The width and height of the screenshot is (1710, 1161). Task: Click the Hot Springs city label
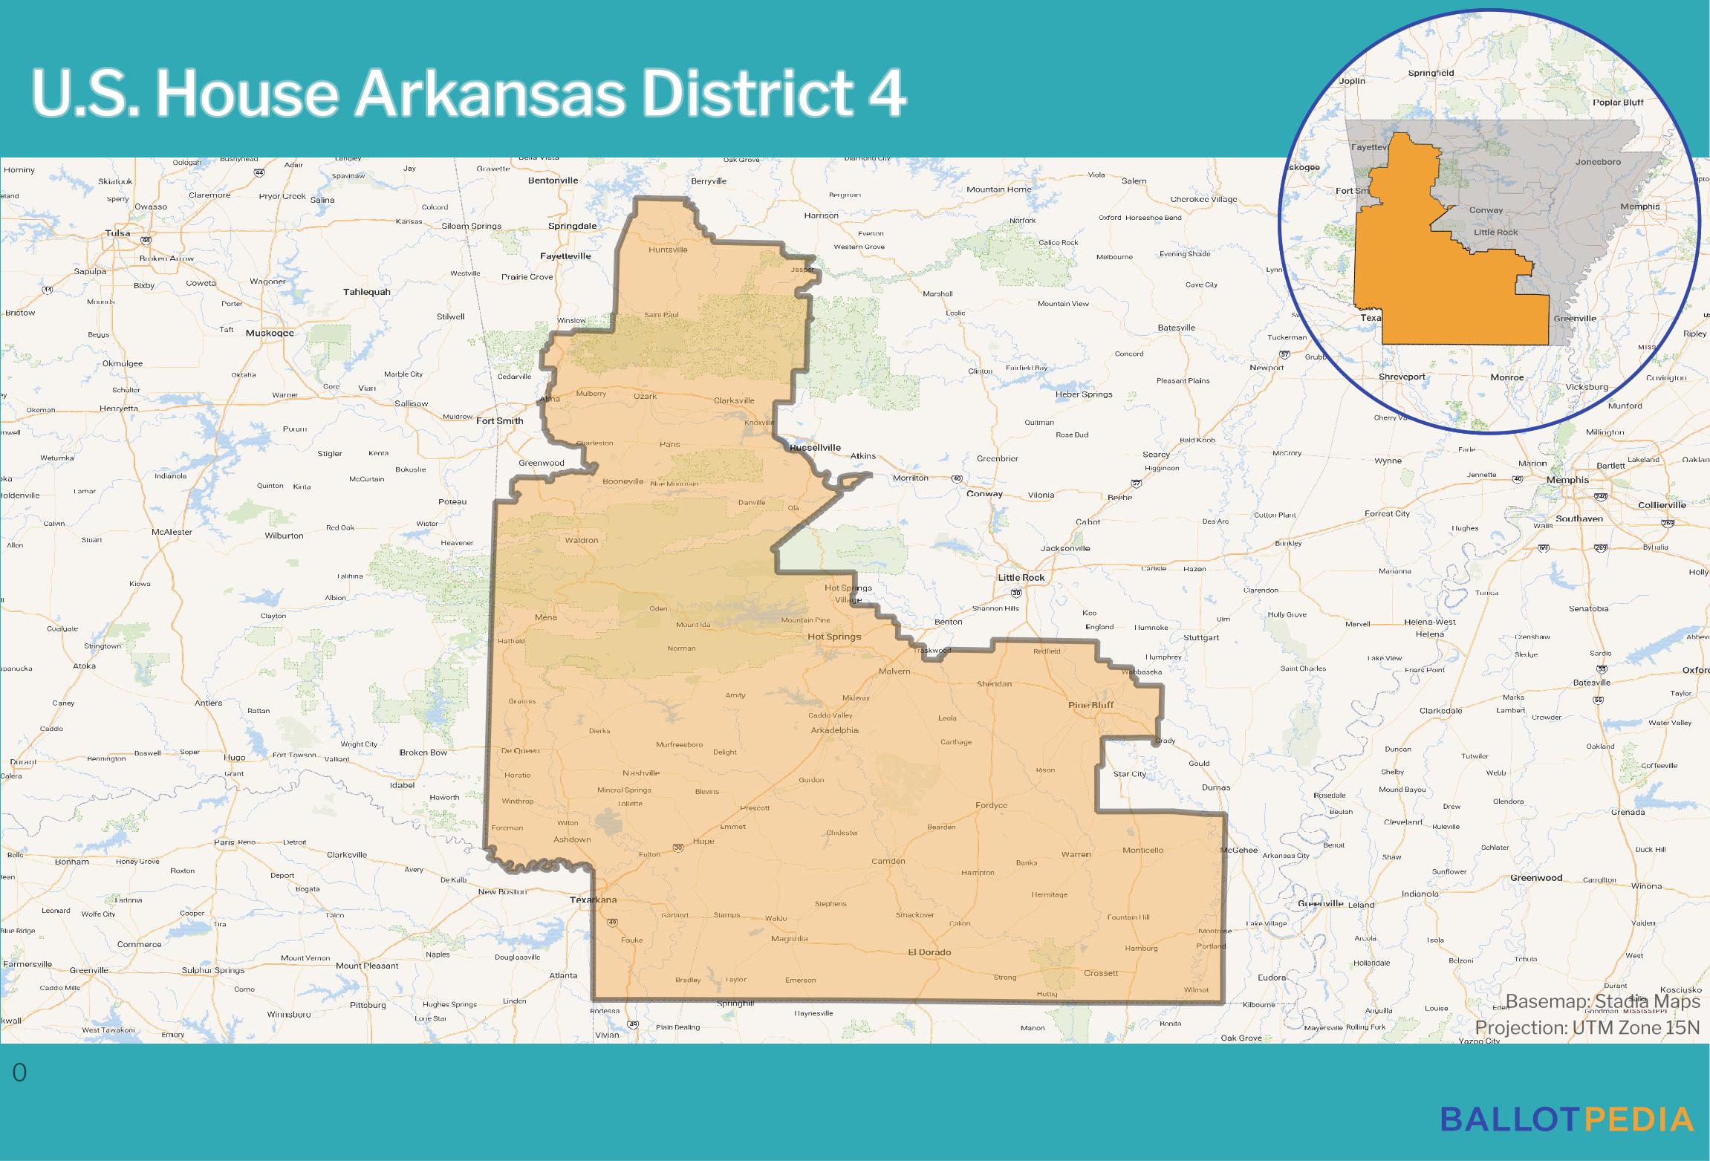(x=834, y=637)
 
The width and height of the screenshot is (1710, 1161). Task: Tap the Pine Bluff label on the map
(x=1090, y=705)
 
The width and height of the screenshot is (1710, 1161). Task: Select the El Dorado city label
(x=929, y=952)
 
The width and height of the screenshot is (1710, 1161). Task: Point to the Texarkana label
(x=593, y=900)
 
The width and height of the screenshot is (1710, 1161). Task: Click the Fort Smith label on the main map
(x=499, y=420)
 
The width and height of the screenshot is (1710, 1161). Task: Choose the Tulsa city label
(x=117, y=232)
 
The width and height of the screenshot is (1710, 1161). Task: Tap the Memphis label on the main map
(x=1567, y=480)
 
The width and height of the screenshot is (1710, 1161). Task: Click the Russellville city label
(x=815, y=447)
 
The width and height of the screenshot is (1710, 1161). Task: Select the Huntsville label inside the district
(x=668, y=250)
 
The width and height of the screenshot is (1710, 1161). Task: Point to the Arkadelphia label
(x=834, y=730)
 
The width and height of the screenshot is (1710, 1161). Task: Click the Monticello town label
(x=1142, y=850)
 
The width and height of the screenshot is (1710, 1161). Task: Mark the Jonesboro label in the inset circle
(x=1598, y=161)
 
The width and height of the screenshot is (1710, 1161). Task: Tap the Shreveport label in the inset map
(x=1402, y=377)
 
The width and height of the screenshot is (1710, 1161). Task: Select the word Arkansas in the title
(x=490, y=94)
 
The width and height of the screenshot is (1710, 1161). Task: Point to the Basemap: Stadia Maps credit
(x=1602, y=1001)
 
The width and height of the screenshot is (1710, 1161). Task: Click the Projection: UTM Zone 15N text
(x=1587, y=1027)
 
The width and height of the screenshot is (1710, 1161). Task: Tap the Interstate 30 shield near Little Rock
(x=1015, y=593)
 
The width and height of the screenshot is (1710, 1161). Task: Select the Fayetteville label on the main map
(x=565, y=256)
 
